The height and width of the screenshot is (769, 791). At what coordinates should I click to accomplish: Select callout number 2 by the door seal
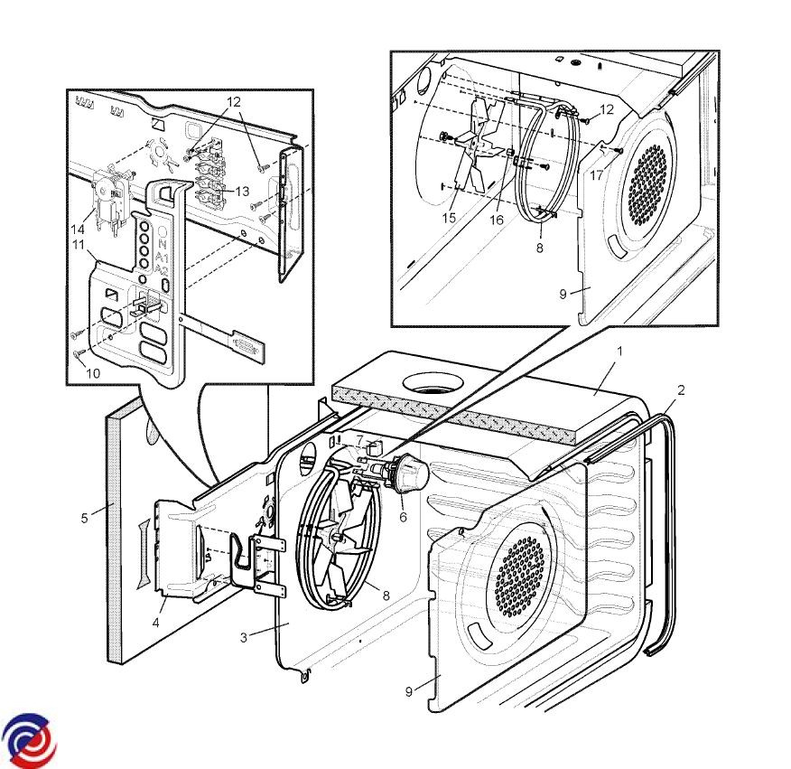click(681, 390)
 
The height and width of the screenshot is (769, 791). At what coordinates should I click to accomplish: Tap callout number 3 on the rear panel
click(243, 637)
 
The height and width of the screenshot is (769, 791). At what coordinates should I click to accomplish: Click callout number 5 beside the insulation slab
click(85, 518)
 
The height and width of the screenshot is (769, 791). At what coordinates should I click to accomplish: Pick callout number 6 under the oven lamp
click(403, 517)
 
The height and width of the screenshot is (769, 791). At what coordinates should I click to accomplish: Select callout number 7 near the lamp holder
click(359, 440)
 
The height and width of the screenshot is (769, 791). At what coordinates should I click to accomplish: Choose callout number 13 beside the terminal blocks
click(242, 191)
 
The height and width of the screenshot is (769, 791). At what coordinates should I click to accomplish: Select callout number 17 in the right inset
click(597, 175)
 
